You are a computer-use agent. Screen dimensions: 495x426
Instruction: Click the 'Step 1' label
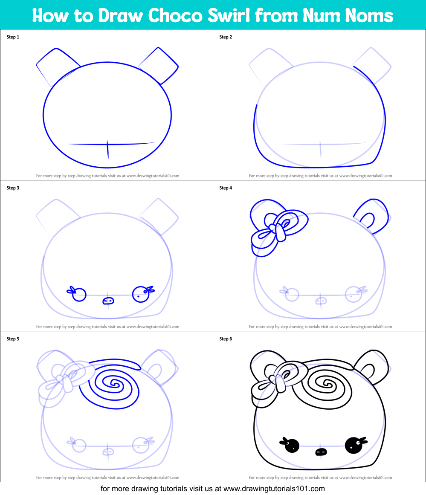point(13,37)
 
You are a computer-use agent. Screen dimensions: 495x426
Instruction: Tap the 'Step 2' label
point(226,37)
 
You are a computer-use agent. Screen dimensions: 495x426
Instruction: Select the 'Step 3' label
point(13,188)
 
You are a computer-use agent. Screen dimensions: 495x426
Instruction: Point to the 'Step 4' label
point(226,188)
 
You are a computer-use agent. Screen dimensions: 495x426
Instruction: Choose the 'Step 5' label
point(13,339)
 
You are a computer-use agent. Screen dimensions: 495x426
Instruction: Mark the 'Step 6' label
point(226,339)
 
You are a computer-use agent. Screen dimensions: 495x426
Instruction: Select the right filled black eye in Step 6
point(353,446)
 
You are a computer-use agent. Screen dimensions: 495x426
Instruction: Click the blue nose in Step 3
point(108,301)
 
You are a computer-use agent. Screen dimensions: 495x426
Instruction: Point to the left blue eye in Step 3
point(79,295)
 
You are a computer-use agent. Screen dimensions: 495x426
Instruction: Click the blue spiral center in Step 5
point(114,384)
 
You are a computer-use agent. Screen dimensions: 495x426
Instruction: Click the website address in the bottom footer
point(274,489)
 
